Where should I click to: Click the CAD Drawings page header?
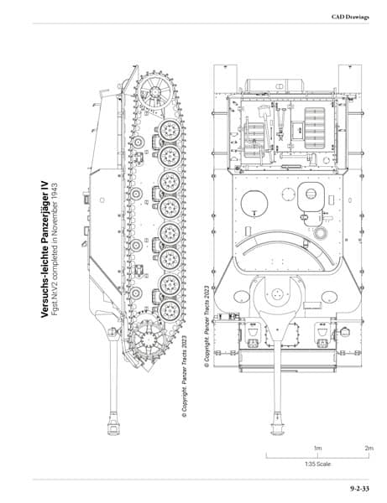[x=350, y=17]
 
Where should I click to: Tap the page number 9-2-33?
[x=359, y=489]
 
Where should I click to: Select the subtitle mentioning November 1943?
[x=54, y=249]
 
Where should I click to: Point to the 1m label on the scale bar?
[x=317, y=448]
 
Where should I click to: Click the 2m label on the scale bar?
[x=369, y=448]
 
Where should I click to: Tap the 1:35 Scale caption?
[x=317, y=464]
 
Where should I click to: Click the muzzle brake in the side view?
[x=113, y=423]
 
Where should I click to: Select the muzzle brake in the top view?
[x=277, y=423]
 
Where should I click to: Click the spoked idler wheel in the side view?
[x=154, y=92]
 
